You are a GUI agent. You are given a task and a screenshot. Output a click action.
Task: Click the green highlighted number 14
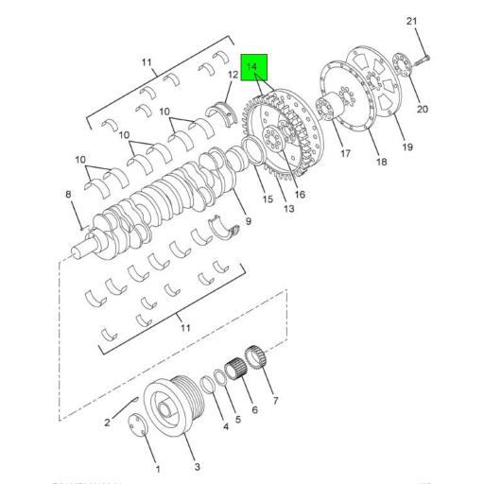click(252, 67)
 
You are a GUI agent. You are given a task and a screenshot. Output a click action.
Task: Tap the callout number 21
click(410, 21)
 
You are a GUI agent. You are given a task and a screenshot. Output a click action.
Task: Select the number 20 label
click(422, 109)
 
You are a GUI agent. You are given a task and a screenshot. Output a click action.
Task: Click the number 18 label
click(381, 163)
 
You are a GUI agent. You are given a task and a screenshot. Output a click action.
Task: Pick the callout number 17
click(345, 153)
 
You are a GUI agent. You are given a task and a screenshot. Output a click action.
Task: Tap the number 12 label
click(232, 74)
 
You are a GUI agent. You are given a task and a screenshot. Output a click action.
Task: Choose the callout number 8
click(68, 195)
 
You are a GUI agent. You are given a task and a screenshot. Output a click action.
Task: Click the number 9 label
click(247, 221)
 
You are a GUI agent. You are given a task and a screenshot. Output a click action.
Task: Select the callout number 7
click(275, 401)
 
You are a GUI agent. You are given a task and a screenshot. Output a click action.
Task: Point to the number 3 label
click(197, 467)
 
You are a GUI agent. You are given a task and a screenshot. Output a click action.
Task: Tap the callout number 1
click(157, 470)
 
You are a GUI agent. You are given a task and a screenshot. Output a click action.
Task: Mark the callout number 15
click(267, 199)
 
